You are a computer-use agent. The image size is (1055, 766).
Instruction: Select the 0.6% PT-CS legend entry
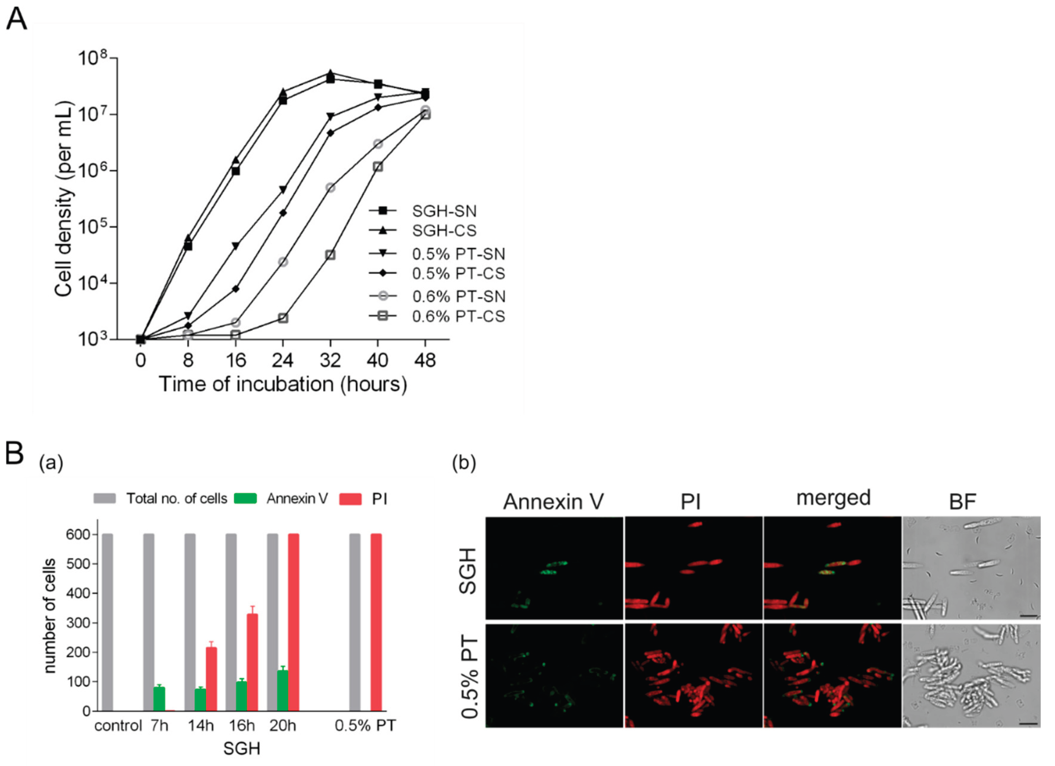(x=458, y=317)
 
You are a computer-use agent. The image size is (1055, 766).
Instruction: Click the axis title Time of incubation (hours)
(x=283, y=384)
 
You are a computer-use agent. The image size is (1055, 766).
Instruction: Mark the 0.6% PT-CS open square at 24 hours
(x=283, y=318)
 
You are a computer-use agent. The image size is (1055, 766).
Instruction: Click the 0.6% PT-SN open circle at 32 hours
(x=330, y=188)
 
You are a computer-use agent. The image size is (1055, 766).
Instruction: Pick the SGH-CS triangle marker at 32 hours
(x=330, y=74)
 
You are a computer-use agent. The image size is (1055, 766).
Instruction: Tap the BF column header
(x=962, y=501)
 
